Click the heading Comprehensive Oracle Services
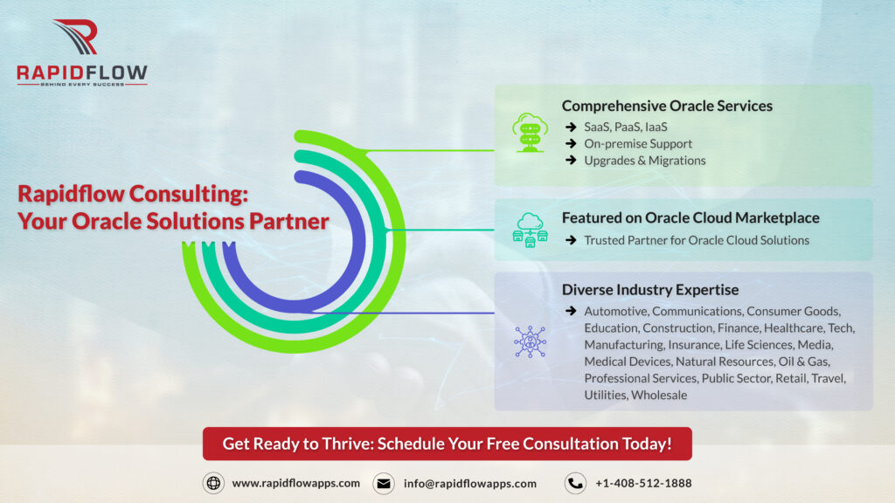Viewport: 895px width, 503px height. pyautogui.click(x=667, y=106)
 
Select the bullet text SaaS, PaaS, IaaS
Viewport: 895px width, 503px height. pyautogui.click(x=626, y=127)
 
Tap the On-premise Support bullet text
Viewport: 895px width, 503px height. pyautogui.click(x=637, y=144)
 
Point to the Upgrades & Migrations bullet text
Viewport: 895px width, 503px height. pyautogui.click(x=644, y=161)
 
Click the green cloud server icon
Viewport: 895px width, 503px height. pyautogui.click(x=530, y=133)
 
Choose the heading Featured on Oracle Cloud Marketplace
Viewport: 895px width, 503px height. pyautogui.click(x=690, y=217)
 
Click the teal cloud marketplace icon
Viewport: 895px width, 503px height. pyautogui.click(x=530, y=230)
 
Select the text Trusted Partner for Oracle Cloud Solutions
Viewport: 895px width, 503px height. pyautogui.click(x=697, y=240)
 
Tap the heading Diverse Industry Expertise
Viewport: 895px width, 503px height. pyautogui.click(x=650, y=290)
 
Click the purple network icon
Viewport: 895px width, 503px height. pyautogui.click(x=530, y=341)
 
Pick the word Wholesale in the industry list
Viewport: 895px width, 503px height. pyautogui.click(x=659, y=395)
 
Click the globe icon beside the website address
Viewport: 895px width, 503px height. pyautogui.click(x=213, y=483)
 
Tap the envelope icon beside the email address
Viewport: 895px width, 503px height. pyautogui.click(x=384, y=484)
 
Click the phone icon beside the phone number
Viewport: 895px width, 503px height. pyautogui.click(x=575, y=484)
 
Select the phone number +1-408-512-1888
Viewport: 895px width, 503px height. pyautogui.click(x=643, y=484)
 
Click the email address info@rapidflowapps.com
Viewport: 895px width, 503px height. pyautogui.click(x=469, y=484)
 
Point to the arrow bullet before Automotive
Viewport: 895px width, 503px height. pyautogui.click(x=571, y=311)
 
